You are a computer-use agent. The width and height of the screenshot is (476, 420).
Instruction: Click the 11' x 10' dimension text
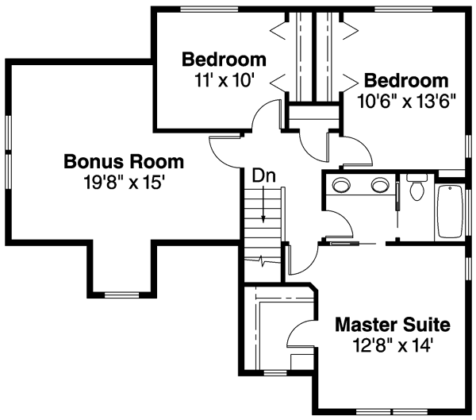point(224,79)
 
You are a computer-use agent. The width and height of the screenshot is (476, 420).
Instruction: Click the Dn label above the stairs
point(264,175)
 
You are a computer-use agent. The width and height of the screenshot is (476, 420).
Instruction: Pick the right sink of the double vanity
point(379,187)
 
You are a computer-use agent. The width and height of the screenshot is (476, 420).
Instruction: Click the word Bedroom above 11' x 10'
point(224,60)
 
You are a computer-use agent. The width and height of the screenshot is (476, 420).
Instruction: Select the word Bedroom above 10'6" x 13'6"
point(406,81)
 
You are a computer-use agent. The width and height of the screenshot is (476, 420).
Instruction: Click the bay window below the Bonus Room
point(122,295)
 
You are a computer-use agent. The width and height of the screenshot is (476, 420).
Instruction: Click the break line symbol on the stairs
point(264,260)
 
